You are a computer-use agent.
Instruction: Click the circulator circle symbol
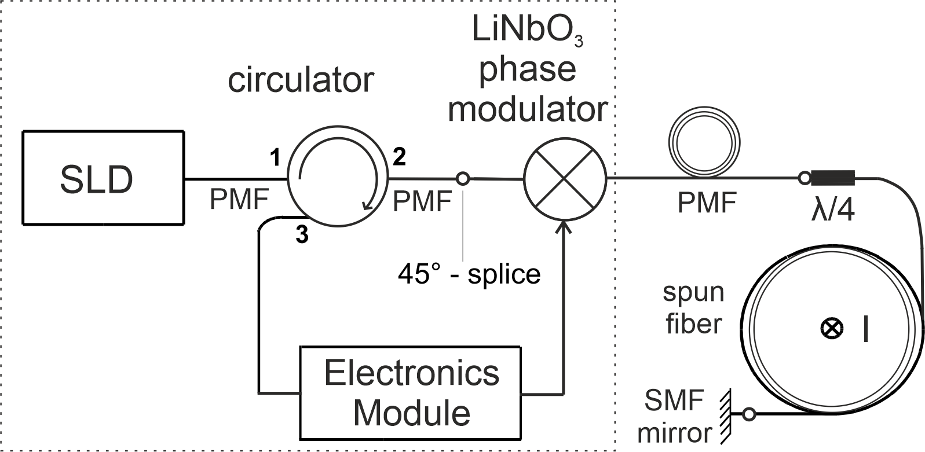pos(338,179)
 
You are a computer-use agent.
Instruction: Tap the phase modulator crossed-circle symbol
pos(565,179)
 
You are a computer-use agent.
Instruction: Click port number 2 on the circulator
pos(399,156)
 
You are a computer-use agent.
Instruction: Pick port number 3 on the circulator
pos(302,234)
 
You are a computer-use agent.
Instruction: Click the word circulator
pos(300,80)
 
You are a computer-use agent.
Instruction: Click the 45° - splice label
pos(469,273)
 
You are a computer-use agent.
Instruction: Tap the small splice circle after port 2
pos(463,179)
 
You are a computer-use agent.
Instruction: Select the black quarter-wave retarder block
pos(833,178)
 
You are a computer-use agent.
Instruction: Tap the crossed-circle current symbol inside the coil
pos(832,329)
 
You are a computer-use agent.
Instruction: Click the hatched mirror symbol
pos(724,414)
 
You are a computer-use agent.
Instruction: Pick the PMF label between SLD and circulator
pos(239,200)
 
